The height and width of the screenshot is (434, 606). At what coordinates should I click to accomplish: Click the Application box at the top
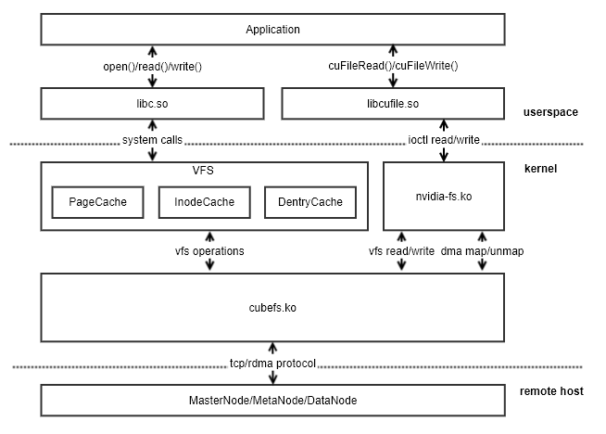(x=272, y=30)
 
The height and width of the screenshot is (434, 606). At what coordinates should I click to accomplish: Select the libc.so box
(x=152, y=103)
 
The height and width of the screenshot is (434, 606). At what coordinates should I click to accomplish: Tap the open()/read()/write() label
(x=152, y=66)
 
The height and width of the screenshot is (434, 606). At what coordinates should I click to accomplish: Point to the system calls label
(x=152, y=140)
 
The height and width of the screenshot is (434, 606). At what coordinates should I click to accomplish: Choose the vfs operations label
(x=209, y=251)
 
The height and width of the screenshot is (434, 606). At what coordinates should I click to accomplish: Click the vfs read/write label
(x=400, y=251)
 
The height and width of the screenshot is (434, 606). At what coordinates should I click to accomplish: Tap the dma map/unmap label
(x=483, y=251)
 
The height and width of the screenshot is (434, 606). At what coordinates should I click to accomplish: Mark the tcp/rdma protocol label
(x=272, y=363)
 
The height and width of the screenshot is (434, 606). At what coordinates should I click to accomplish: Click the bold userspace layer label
(x=550, y=112)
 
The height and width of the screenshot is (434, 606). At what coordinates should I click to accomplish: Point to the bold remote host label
(x=552, y=391)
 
